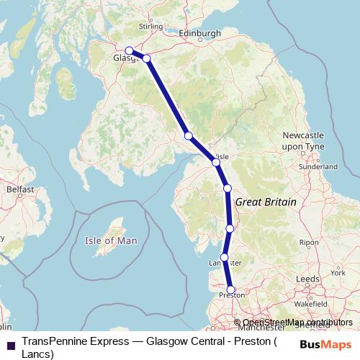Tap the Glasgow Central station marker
click(x=129, y=50)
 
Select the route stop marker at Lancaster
click(x=225, y=257)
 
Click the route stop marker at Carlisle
click(x=215, y=162)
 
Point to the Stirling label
click(x=150, y=27)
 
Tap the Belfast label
click(x=20, y=189)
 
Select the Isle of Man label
click(x=110, y=240)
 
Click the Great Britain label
click(x=266, y=203)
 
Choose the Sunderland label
click(x=317, y=166)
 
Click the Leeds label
click(x=307, y=278)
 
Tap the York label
click(x=338, y=274)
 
